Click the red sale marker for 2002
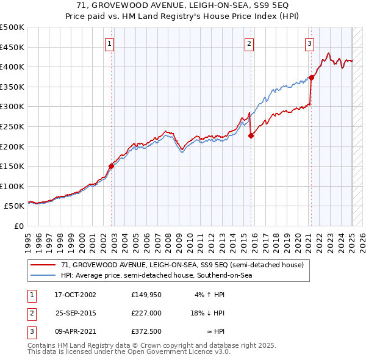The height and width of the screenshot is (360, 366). click(112, 165)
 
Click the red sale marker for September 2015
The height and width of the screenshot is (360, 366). click(251, 135)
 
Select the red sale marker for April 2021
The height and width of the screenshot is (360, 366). click(311, 77)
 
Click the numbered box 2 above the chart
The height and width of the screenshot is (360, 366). click(249, 43)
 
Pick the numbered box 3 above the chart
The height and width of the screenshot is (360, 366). click(310, 43)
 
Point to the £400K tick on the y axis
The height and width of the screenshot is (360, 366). click(12, 67)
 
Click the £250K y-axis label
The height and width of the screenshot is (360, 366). click(12, 126)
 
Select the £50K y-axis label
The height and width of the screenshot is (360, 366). click(15, 206)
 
